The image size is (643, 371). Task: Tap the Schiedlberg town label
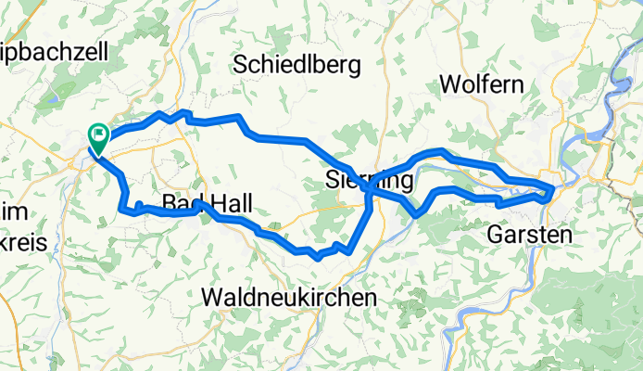pyautogui.click(x=296, y=64)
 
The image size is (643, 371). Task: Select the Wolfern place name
pyautogui.click(x=481, y=83)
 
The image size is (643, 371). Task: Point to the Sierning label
pyautogui.click(x=369, y=179)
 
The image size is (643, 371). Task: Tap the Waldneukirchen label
pyautogui.click(x=289, y=297)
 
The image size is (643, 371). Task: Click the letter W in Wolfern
pyautogui.click(x=448, y=83)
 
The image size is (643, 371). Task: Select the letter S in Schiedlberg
pyautogui.click(x=242, y=64)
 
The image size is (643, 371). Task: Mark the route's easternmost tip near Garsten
pyautogui.click(x=553, y=189)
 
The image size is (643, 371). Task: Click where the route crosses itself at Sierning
pyautogui.click(x=369, y=188)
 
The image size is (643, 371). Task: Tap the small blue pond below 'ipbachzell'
pyautogui.click(x=52, y=95)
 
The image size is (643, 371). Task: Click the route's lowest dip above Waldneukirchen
pyautogui.click(x=318, y=256)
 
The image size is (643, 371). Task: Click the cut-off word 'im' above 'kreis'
pyautogui.click(x=11, y=211)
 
